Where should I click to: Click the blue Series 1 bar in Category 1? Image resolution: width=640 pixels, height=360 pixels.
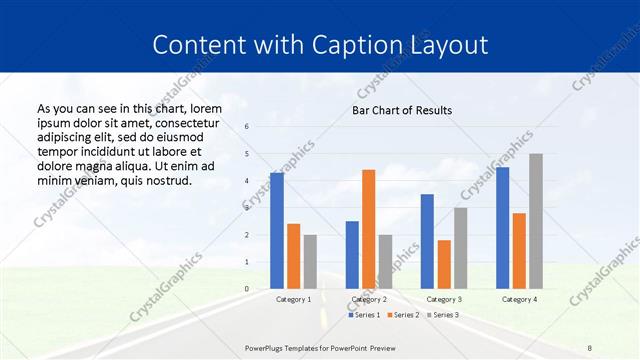[x=277, y=231]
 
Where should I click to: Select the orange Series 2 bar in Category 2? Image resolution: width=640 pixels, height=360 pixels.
[x=368, y=229]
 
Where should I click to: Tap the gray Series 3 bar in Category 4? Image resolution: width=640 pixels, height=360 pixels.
[x=536, y=221]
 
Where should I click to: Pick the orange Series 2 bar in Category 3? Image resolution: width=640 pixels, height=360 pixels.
[x=444, y=264]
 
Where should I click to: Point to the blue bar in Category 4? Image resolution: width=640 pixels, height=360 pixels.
[x=502, y=228]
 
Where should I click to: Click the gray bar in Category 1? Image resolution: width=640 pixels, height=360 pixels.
[x=310, y=262]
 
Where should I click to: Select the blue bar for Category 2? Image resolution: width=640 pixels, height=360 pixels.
[x=352, y=255]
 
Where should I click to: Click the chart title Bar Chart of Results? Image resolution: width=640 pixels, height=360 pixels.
[x=402, y=110]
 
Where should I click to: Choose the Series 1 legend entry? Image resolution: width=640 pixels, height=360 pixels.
[x=364, y=315]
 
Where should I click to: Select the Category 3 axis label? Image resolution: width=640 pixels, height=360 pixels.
[x=443, y=299]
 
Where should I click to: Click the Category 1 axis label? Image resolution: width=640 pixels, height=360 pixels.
[x=293, y=299]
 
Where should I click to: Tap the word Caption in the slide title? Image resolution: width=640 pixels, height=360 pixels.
[x=361, y=45]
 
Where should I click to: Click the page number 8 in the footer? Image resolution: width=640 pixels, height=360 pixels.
[x=589, y=346]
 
